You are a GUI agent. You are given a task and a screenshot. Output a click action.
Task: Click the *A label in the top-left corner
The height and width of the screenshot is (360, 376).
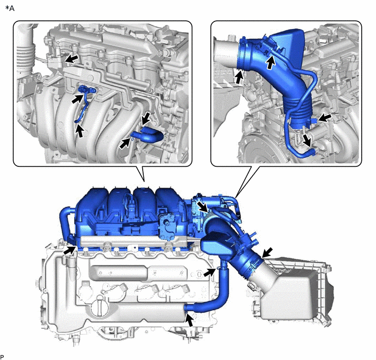(x=10, y=8)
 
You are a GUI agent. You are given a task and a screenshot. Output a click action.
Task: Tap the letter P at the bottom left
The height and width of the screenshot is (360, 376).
(x=2, y=357)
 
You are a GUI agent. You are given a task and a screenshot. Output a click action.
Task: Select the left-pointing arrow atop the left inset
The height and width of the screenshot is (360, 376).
(x=72, y=59)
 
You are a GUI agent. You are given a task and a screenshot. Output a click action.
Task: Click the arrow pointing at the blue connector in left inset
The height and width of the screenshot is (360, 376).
(x=78, y=98)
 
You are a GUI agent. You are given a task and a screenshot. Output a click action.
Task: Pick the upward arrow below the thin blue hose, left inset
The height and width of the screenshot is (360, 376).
(x=80, y=131)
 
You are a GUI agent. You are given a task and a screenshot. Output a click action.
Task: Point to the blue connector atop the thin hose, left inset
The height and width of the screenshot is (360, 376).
(x=87, y=90)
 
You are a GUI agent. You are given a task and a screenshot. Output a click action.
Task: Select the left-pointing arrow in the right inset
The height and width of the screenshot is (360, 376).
(x=325, y=118)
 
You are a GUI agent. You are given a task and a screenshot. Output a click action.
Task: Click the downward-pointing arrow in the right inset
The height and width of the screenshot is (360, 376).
(x=307, y=141)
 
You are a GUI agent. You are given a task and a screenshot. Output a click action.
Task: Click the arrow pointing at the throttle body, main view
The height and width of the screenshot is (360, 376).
(x=202, y=207)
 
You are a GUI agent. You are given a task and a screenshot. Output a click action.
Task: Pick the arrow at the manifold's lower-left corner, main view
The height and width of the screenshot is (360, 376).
(x=69, y=251)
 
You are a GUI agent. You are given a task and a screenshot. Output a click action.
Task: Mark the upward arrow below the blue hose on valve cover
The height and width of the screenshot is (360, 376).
(x=190, y=321)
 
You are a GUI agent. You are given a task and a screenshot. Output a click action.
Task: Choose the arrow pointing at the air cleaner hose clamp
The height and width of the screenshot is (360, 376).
(x=267, y=253)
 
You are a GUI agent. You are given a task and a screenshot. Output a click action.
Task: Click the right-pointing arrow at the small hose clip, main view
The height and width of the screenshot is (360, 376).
(x=209, y=272)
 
